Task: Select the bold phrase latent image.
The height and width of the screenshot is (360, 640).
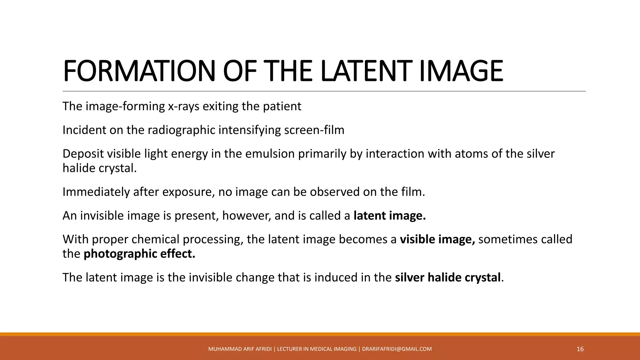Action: point(389,216)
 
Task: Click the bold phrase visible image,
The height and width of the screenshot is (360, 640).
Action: point(437,240)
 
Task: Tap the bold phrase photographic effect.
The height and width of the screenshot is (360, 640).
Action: point(139,254)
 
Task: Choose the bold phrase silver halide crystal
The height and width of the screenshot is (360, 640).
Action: point(447,278)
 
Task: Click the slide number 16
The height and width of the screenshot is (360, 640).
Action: point(580,349)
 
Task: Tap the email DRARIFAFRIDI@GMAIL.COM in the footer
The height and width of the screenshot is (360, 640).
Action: point(397,349)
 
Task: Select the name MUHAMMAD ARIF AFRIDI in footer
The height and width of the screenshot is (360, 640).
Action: point(240,349)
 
